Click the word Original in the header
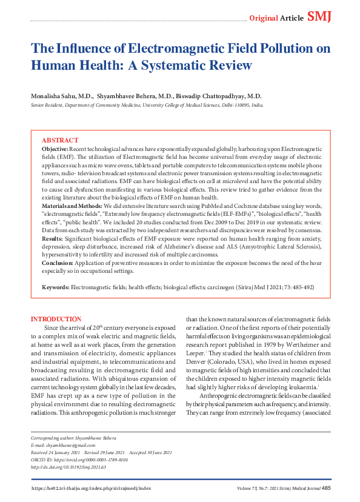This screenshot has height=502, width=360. pos(264,18)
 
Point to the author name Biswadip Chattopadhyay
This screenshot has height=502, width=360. pos(219,96)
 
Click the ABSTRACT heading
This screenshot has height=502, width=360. pos(60,140)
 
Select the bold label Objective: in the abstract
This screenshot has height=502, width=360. pos(55,149)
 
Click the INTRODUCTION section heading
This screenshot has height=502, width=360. pos(56,319)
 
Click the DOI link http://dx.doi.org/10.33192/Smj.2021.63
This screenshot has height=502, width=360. pos(72,466)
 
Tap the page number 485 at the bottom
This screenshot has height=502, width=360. pos(326,488)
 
